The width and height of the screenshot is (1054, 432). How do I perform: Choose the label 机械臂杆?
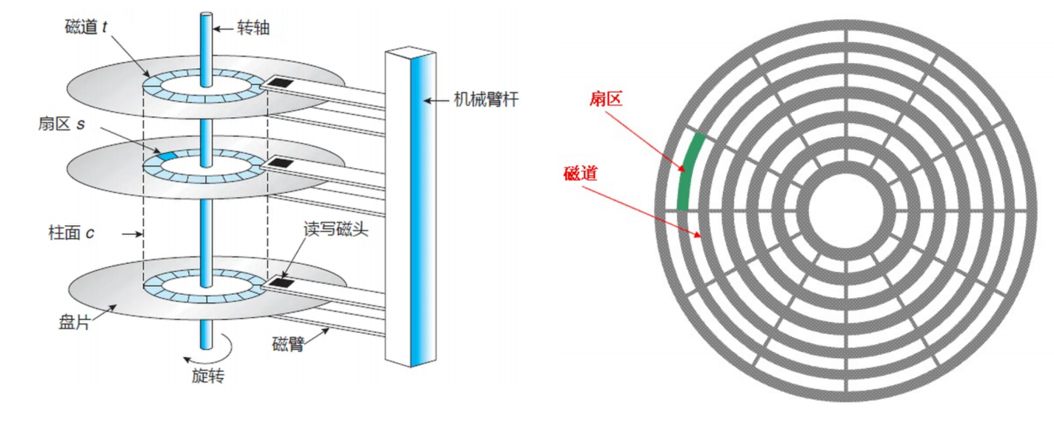[485, 99]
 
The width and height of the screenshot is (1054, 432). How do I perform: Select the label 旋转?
[202, 376]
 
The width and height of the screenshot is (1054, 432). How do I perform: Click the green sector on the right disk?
[688, 170]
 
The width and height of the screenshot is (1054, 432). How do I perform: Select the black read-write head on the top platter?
[281, 81]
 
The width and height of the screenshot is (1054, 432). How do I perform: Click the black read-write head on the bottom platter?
[281, 282]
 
